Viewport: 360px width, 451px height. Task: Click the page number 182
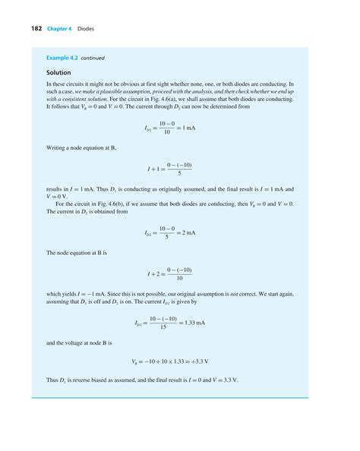36,29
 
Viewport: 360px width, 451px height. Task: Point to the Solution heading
58,73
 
